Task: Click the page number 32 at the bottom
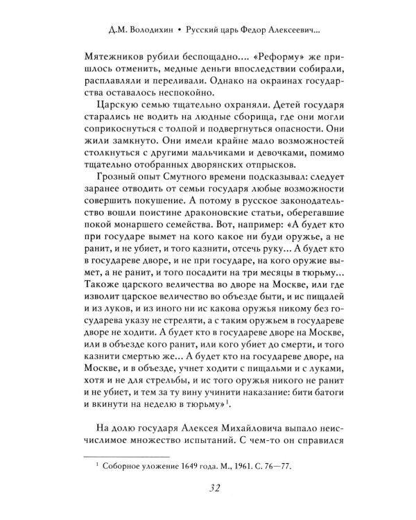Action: (208, 491)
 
